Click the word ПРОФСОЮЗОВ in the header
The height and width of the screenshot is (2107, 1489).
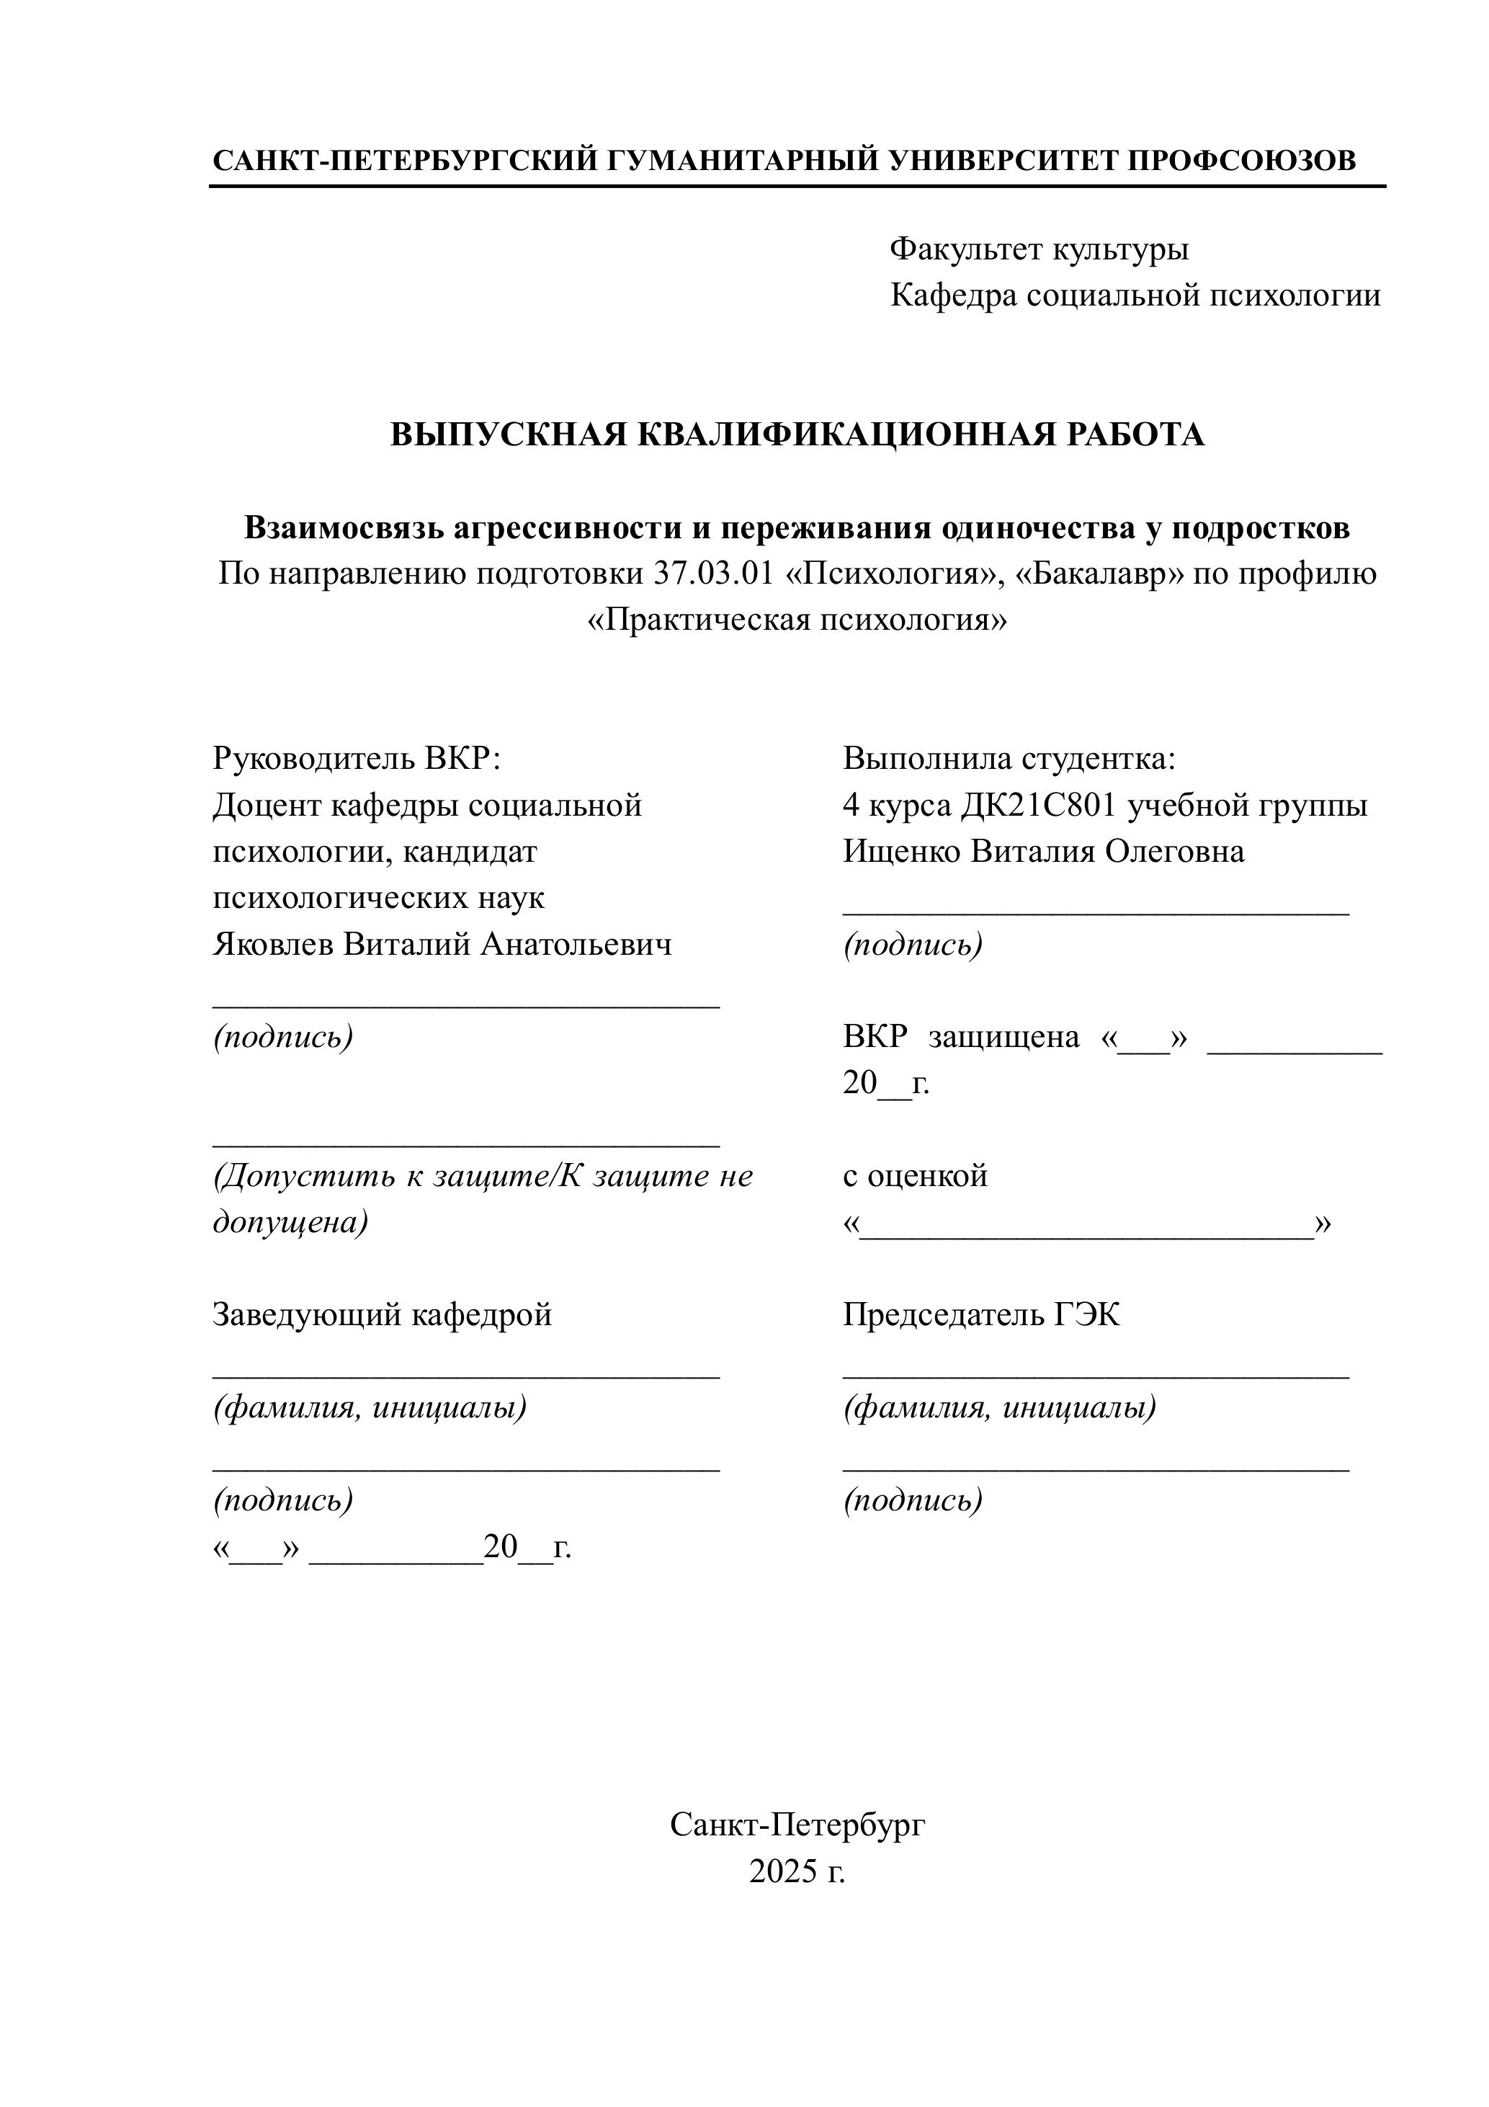click(x=1240, y=161)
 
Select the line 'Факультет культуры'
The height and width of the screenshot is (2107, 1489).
click(x=1039, y=249)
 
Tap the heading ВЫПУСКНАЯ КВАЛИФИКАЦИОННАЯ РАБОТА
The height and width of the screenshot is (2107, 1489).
click(x=797, y=434)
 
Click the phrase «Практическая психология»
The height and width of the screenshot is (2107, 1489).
click(x=796, y=620)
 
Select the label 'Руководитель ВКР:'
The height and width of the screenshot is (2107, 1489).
click(x=357, y=758)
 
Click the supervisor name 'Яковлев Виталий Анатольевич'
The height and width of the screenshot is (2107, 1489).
click(x=442, y=943)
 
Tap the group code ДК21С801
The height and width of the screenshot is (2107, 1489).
click(x=1039, y=805)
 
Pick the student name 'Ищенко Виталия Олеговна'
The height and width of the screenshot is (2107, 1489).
click(x=1044, y=851)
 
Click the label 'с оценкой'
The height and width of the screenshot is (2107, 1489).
click(x=915, y=1175)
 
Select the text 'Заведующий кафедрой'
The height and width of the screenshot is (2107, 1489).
click(x=383, y=1315)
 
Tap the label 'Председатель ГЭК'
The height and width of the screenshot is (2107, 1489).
click(x=980, y=1315)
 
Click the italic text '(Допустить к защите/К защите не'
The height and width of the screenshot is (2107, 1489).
click(x=483, y=1175)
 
